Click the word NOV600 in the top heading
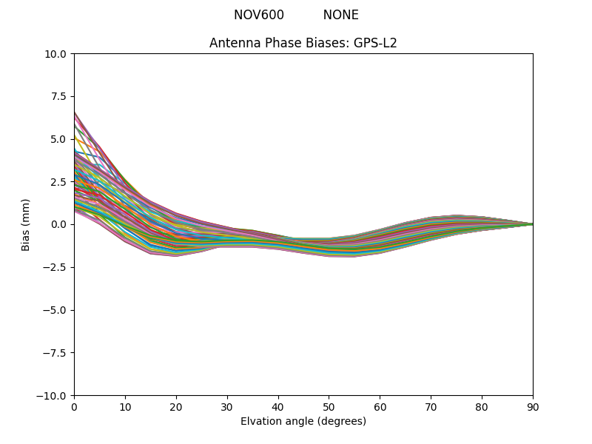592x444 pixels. [x=258, y=15]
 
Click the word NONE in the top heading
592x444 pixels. [x=340, y=15]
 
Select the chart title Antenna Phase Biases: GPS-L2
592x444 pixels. [x=303, y=43]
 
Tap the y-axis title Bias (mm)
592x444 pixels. [x=26, y=224]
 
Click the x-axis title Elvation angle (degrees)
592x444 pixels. [x=303, y=422]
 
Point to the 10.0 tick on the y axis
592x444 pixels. [x=56, y=54]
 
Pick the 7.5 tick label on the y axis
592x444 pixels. [x=59, y=96]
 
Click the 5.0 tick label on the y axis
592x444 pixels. [x=59, y=139]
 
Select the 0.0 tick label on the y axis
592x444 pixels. [x=59, y=224]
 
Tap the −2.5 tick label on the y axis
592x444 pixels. [x=56, y=267]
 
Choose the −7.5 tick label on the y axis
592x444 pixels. [x=56, y=353]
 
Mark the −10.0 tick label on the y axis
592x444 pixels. [x=53, y=396]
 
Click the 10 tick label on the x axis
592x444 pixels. [x=125, y=406]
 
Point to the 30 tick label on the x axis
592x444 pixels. [x=227, y=406]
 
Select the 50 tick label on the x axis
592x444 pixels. [x=329, y=406]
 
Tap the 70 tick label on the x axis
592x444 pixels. [x=431, y=406]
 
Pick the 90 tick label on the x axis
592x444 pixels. [x=533, y=406]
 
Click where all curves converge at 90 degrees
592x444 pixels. [x=532, y=224]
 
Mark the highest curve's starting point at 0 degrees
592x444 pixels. [x=75, y=112]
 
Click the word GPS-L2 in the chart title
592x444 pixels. [x=376, y=43]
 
